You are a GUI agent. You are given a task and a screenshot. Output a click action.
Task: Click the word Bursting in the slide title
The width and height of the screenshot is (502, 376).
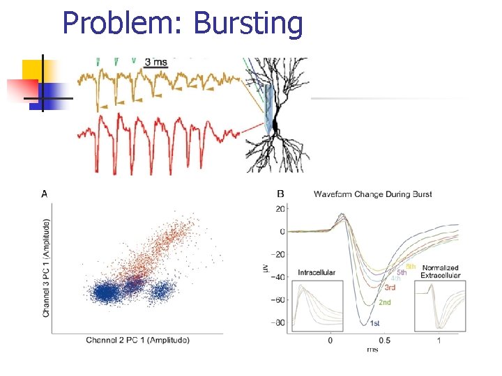click(248, 24)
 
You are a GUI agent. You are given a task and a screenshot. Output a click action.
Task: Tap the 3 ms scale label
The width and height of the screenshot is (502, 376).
click(156, 62)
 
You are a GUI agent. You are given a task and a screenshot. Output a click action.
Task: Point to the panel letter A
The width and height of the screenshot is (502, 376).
click(45, 194)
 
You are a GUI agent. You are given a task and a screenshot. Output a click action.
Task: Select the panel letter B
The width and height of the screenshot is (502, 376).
click(280, 194)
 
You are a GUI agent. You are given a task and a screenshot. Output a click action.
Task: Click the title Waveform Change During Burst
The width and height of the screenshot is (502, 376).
click(373, 194)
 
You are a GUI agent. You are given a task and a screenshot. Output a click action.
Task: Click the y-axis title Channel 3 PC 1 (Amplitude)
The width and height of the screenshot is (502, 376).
click(47, 268)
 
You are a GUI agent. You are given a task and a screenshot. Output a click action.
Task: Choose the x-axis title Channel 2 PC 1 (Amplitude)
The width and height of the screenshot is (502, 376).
click(137, 340)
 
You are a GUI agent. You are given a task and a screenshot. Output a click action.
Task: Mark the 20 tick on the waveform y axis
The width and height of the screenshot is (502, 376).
click(281, 209)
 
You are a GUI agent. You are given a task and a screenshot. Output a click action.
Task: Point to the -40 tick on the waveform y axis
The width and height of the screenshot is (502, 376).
click(279, 277)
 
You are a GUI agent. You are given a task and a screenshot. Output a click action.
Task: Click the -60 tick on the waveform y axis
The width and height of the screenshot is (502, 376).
click(279, 300)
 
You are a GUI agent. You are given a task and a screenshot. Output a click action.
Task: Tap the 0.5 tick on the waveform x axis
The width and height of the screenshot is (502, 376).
click(384, 340)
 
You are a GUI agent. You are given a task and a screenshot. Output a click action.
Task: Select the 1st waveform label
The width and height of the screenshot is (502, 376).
click(374, 323)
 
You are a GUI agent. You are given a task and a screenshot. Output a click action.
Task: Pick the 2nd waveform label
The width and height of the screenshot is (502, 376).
click(384, 303)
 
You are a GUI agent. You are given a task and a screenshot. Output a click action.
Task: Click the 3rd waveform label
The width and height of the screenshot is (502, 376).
click(390, 288)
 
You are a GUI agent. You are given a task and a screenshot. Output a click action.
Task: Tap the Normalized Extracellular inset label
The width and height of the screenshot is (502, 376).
click(440, 271)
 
